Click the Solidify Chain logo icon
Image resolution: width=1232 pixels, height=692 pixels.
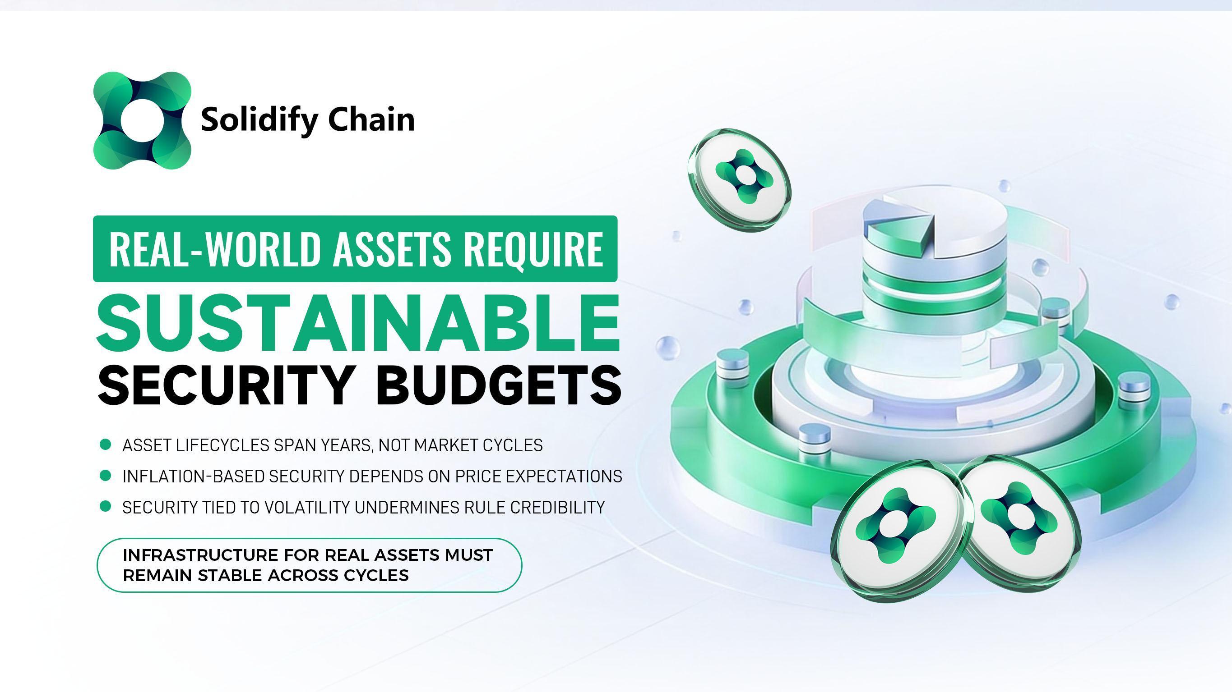(x=142, y=120)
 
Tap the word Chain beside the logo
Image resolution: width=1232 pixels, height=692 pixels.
(x=371, y=119)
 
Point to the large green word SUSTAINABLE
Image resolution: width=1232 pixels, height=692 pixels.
(x=358, y=325)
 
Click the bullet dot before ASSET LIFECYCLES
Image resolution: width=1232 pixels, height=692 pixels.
(x=105, y=445)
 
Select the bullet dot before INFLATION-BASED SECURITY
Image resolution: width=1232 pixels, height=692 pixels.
(x=105, y=476)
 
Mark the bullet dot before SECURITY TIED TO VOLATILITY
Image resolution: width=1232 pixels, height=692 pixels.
(x=105, y=506)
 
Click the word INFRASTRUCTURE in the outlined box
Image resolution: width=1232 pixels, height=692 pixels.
(x=200, y=555)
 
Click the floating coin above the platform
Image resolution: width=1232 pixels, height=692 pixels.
(x=739, y=177)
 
